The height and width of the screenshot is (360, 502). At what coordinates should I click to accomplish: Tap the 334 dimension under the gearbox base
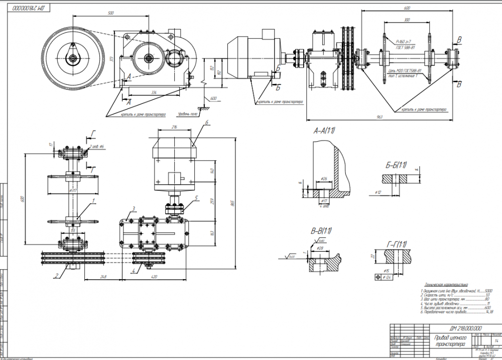point(154,92)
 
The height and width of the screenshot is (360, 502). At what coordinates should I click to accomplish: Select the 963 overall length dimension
point(379,117)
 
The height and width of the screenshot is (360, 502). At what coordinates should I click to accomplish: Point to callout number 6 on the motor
point(206,123)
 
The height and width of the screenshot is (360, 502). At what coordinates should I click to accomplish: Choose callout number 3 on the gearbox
point(134,208)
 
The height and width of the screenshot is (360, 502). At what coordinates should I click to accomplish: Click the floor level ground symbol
point(204,107)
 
